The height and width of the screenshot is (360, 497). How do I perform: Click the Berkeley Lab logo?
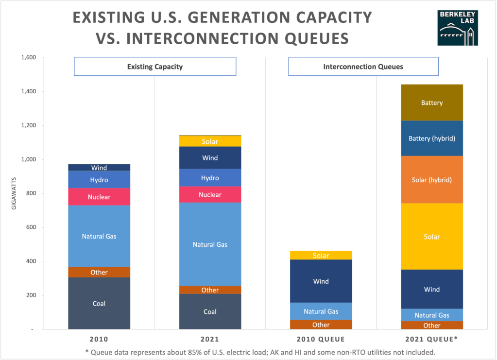[458, 28]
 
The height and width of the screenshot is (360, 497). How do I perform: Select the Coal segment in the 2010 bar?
[99, 303]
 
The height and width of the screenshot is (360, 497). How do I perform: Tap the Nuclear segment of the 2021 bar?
[210, 194]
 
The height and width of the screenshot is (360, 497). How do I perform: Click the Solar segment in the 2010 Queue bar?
[321, 256]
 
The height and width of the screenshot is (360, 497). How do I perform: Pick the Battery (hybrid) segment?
[432, 138]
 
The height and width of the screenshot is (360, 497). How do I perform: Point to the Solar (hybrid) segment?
[432, 180]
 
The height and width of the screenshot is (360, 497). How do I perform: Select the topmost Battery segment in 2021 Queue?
[432, 103]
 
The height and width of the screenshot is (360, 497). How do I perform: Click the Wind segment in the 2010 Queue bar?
[321, 281]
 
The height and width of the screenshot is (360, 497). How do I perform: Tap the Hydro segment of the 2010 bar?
[99, 180]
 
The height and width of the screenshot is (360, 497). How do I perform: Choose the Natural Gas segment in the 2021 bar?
[210, 244]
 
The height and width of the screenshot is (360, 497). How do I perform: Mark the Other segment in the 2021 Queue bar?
[432, 326]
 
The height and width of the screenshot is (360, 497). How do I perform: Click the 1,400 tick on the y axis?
[29, 91]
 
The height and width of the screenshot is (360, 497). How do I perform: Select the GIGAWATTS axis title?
[15, 193]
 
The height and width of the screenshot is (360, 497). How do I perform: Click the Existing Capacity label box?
[155, 67]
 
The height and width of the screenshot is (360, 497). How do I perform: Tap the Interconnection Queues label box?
[363, 67]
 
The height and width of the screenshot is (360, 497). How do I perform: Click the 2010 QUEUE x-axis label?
[321, 339]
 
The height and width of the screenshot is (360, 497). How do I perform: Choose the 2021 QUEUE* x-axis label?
[432, 339]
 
